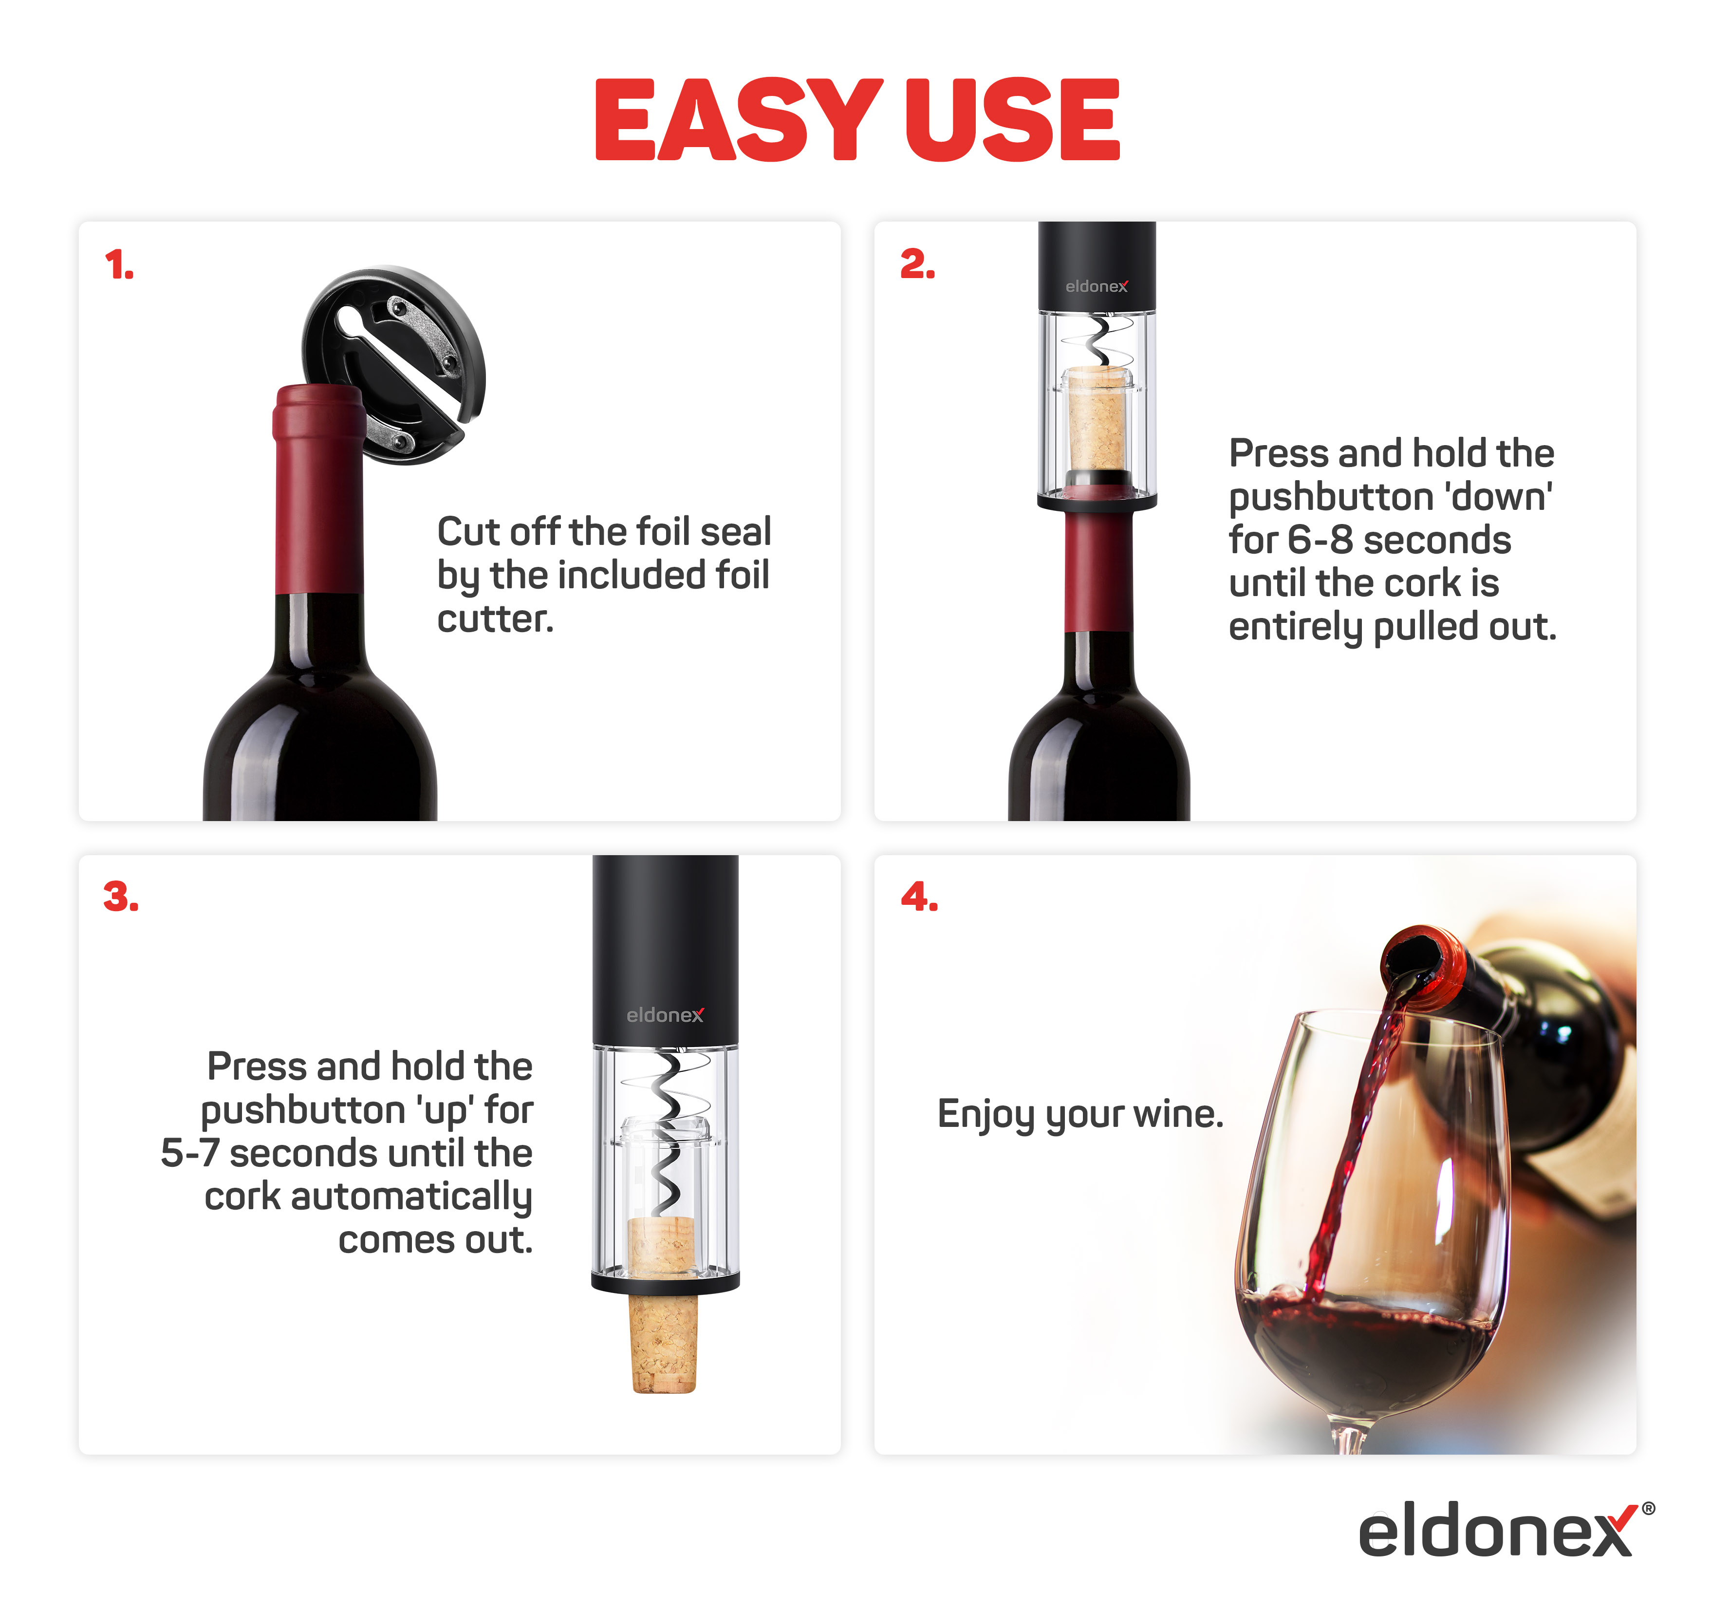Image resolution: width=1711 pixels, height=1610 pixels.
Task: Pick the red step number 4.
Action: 919,897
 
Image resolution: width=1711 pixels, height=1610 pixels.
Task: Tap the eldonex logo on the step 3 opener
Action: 665,1015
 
